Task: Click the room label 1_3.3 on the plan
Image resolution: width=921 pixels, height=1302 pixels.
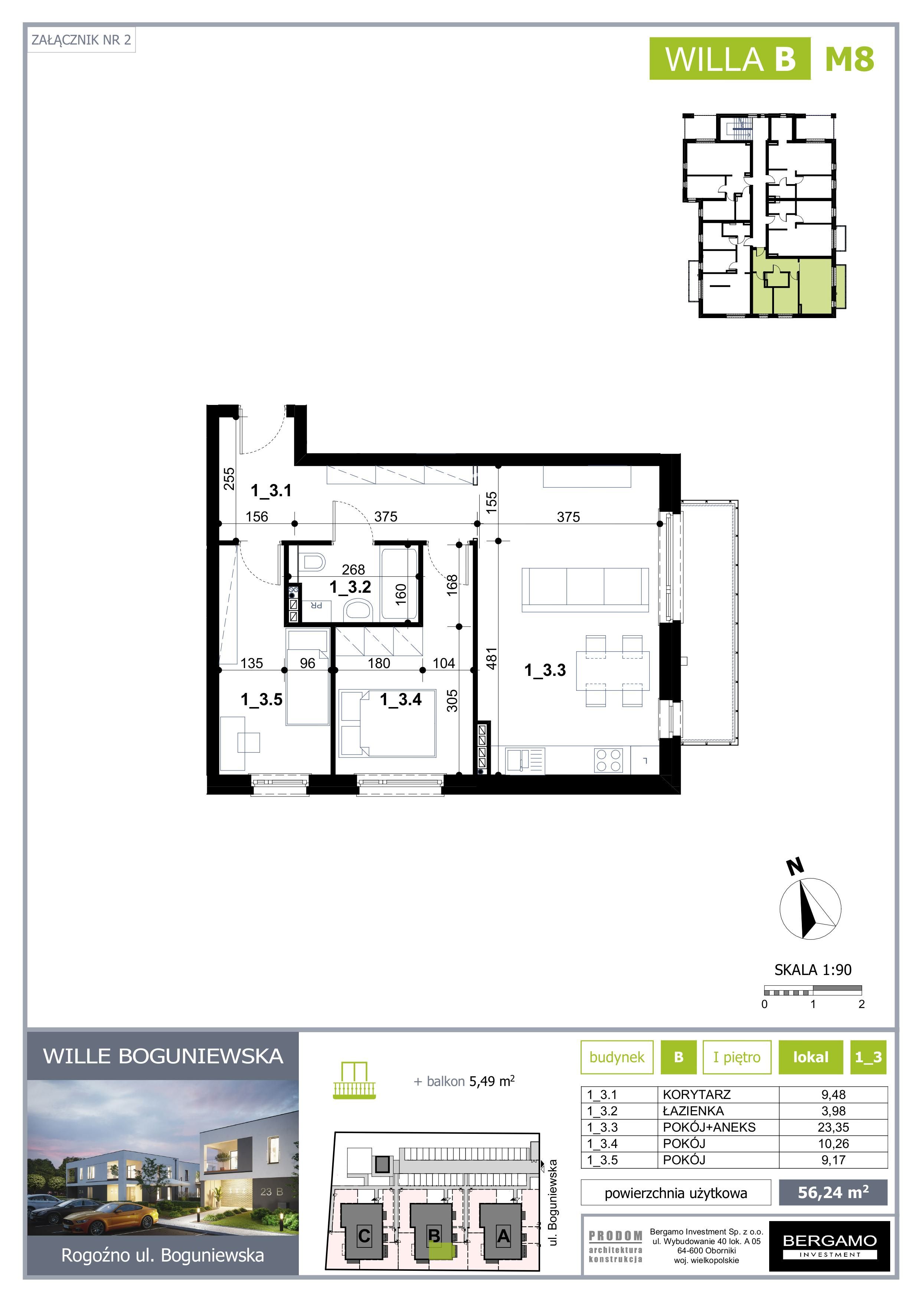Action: (545, 670)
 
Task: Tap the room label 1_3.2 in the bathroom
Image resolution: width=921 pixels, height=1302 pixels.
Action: (350, 587)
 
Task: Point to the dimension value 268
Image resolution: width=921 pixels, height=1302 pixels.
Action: (353, 569)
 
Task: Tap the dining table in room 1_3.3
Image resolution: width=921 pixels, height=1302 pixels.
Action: (613, 671)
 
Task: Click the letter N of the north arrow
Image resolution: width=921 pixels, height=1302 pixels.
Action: (795, 866)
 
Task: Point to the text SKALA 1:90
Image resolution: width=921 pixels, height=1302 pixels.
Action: (813, 970)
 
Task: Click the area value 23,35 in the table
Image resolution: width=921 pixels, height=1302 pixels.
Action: (833, 1127)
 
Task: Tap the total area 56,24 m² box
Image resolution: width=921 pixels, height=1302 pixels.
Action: (833, 1193)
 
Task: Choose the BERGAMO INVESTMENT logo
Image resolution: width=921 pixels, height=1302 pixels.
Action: (829, 1246)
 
